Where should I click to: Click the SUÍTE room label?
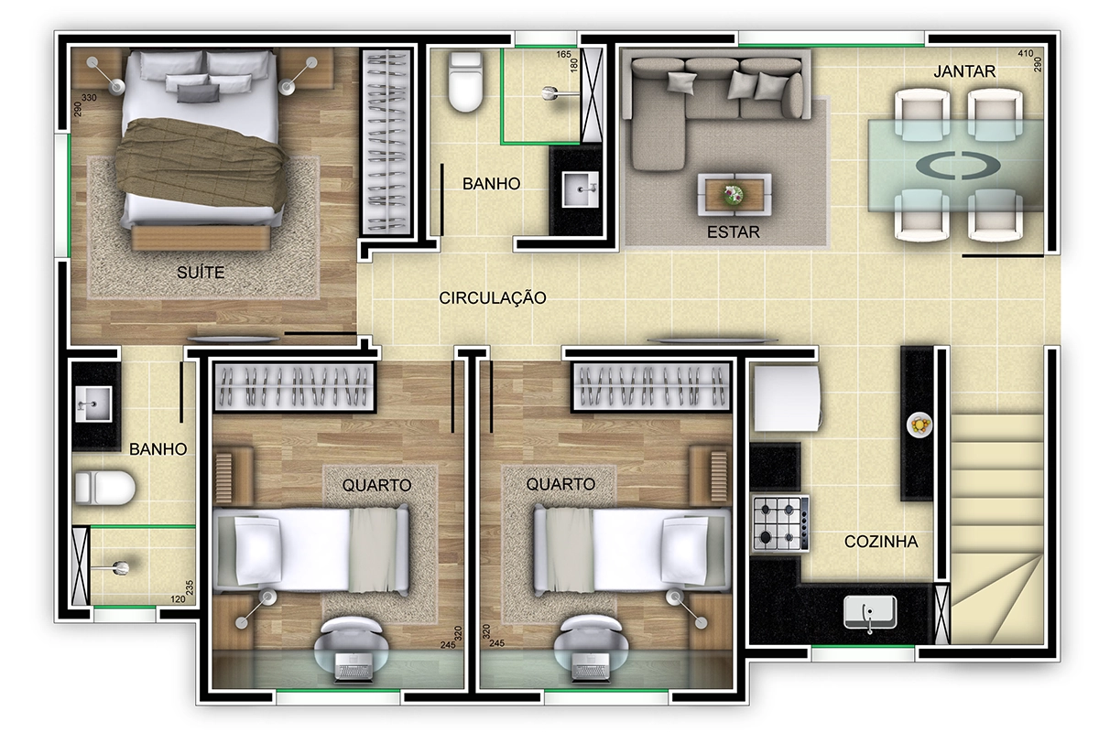point(201,272)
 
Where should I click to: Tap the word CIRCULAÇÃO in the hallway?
point(493,297)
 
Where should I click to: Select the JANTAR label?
point(964,71)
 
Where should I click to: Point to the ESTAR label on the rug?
point(733,231)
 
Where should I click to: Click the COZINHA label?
point(881,542)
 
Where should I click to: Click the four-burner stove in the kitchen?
point(781,523)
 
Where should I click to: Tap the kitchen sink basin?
point(870,612)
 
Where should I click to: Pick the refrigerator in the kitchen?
point(788,399)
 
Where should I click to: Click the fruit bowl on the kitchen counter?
point(919,425)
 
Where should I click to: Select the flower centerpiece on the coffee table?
point(734,195)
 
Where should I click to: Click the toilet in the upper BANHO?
point(465,81)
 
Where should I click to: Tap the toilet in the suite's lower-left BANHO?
point(105,488)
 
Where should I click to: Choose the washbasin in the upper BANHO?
point(580,189)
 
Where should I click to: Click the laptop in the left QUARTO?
point(354,666)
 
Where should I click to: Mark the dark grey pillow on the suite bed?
point(198,92)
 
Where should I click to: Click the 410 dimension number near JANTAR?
point(1025,53)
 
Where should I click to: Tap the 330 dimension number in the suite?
point(89,98)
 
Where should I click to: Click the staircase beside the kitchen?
point(997,529)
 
